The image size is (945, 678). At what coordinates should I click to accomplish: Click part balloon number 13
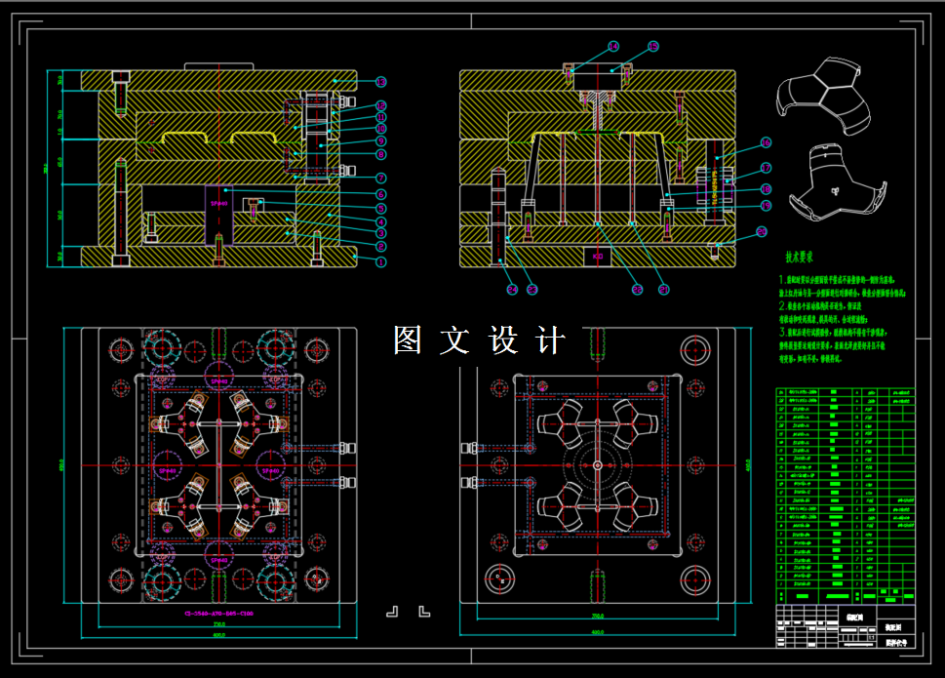click(x=381, y=82)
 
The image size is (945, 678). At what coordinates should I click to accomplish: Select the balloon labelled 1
click(x=381, y=261)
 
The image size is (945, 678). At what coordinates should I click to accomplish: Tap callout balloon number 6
click(x=381, y=194)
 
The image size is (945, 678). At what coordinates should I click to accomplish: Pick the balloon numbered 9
click(x=381, y=141)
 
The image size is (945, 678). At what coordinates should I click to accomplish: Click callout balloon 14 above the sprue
click(x=613, y=46)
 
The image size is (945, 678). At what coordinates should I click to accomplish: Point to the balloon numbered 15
click(x=652, y=46)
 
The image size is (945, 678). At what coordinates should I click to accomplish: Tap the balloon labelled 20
click(x=763, y=231)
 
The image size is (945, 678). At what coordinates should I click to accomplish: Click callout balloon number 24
click(x=511, y=289)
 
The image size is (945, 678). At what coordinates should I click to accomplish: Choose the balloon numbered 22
click(x=637, y=289)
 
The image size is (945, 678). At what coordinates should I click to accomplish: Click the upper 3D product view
click(x=820, y=99)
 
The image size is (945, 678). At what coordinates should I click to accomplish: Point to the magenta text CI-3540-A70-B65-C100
click(x=218, y=614)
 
